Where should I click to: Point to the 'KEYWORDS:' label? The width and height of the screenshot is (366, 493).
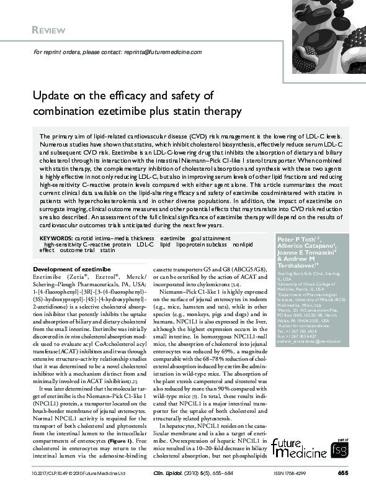coord(56,238)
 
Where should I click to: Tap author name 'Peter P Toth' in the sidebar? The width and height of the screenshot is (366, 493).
coord(297,238)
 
